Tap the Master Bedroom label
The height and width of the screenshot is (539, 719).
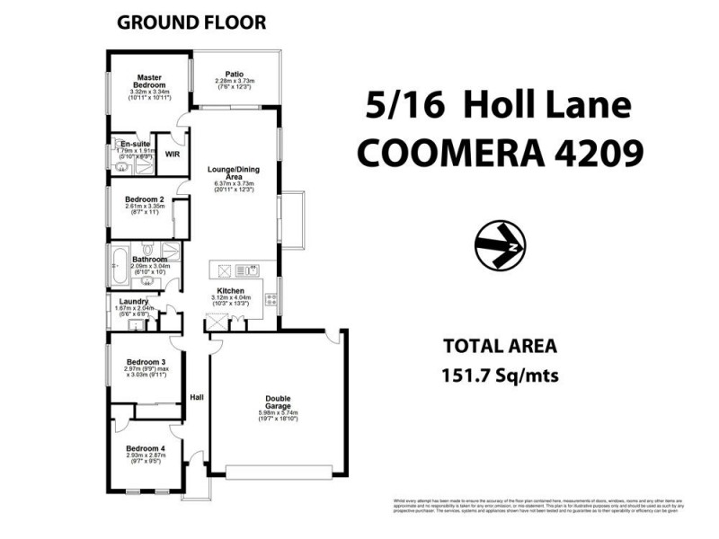tap(149, 81)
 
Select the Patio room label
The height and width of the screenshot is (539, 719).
tap(235, 75)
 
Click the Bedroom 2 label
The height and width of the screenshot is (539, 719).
tap(143, 199)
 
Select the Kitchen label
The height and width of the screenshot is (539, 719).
tap(232, 291)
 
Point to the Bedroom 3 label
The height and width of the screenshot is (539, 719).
tap(144, 360)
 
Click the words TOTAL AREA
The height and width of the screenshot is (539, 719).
tap(501, 346)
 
